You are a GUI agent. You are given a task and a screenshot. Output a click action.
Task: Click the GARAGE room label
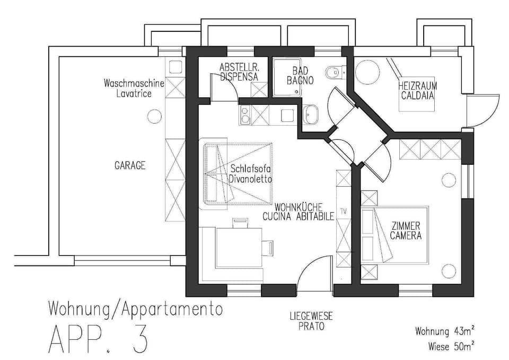point(130,165)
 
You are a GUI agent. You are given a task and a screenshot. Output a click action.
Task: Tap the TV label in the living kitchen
point(344,212)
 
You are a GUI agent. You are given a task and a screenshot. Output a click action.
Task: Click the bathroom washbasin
point(310,115)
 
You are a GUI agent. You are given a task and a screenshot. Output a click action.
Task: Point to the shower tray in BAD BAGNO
point(287,77)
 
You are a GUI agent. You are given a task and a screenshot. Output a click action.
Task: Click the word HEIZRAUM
point(417,86)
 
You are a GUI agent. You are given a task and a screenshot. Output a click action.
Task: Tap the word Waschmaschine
point(134,83)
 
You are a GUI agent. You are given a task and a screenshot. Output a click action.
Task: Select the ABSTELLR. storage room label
point(239,67)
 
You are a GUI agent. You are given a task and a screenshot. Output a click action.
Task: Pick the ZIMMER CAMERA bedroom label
point(406,231)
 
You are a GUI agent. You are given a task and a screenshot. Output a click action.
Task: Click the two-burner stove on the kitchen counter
point(244,115)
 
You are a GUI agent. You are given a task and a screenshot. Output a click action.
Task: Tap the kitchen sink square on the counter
point(287,115)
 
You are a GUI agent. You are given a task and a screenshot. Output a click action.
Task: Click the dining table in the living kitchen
point(239,248)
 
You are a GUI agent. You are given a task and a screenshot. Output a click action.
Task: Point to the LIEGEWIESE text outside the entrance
point(311,316)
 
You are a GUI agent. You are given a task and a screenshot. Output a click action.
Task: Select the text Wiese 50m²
point(451,346)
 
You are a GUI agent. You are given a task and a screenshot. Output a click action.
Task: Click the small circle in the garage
point(154,116)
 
